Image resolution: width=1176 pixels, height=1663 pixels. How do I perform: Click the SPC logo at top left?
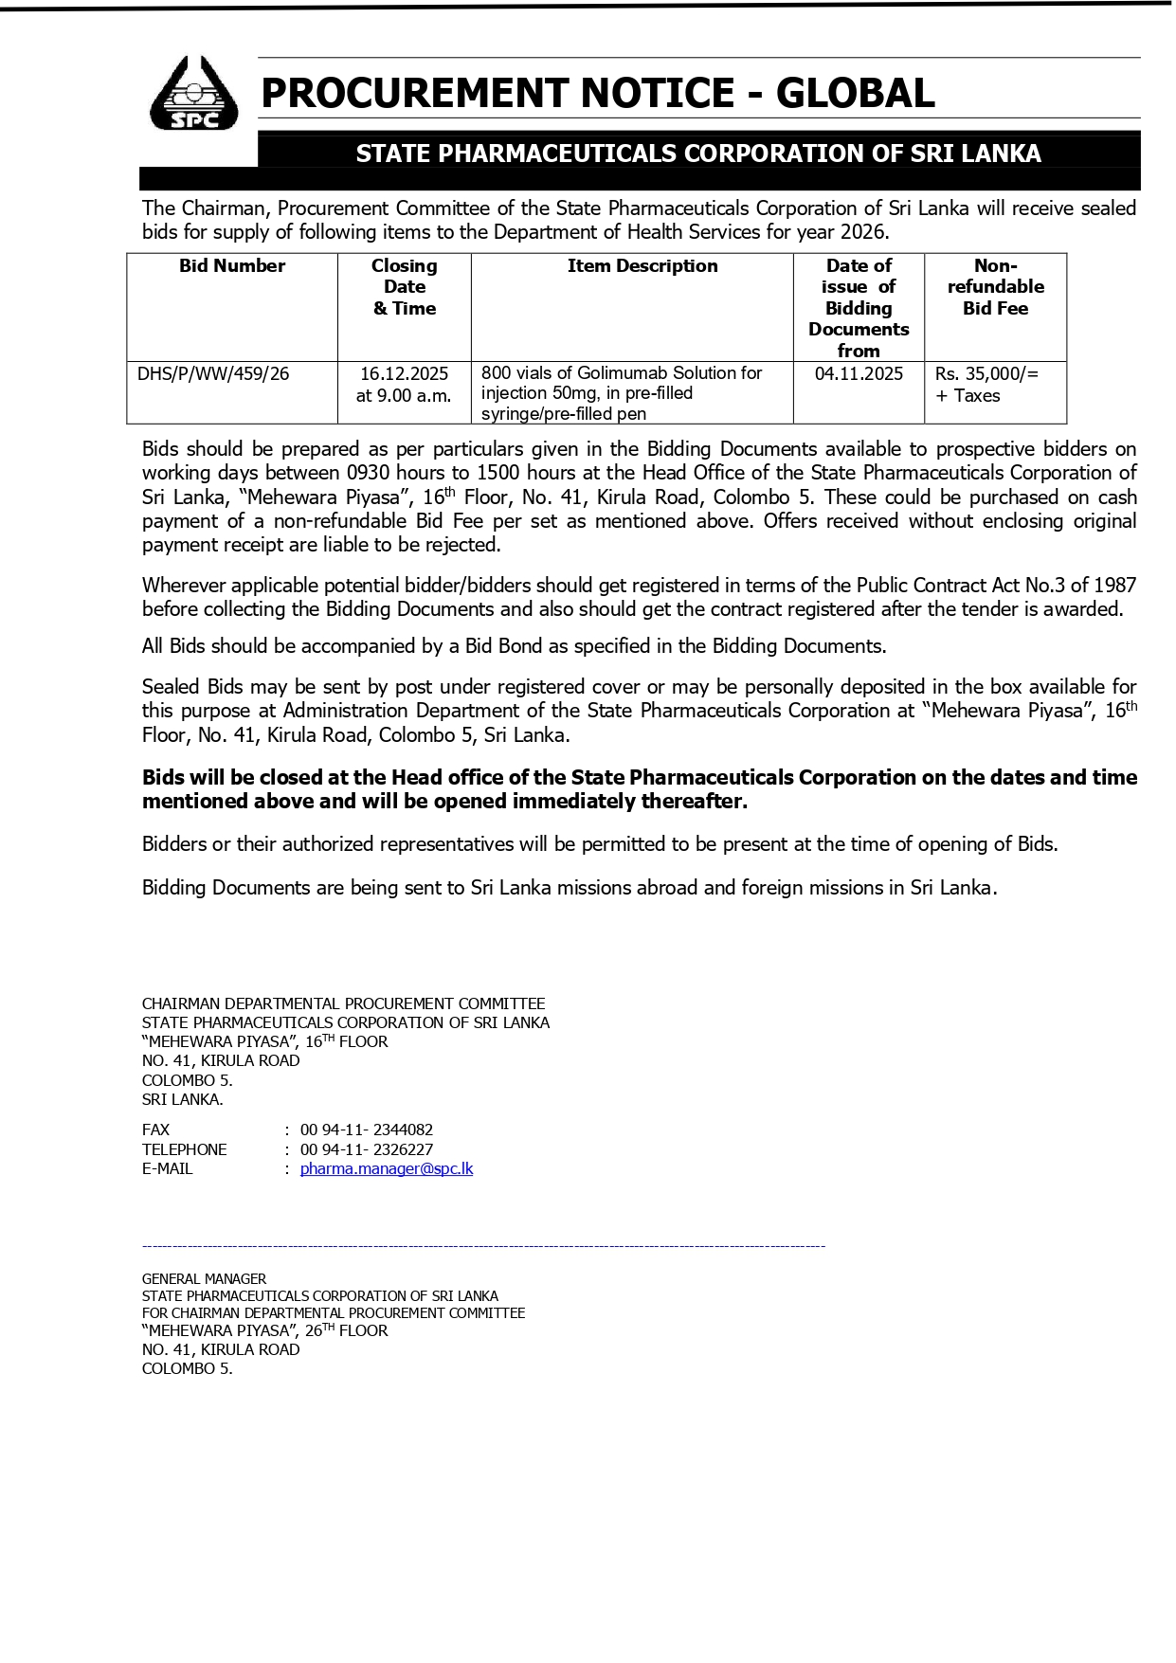click(x=194, y=93)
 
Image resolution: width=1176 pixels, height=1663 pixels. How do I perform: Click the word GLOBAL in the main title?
click(x=855, y=93)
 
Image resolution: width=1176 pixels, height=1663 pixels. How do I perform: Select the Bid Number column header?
click(x=232, y=266)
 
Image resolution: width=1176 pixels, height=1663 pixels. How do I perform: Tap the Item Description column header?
click(x=642, y=266)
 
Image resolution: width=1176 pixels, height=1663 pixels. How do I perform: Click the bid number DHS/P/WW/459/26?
click(x=213, y=373)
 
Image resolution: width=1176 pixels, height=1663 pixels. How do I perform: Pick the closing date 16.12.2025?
click(x=404, y=373)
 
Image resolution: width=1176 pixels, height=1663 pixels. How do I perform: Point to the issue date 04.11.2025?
click(x=859, y=373)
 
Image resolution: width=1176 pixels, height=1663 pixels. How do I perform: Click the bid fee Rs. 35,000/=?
click(x=986, y=374)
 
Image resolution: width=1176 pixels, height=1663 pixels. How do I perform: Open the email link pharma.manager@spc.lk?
click(x=386, y=1168)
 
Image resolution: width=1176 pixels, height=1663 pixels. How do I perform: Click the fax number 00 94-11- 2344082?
click(x=367, y=1130)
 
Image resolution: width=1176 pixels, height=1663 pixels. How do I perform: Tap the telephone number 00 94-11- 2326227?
click(x=367, y=1149)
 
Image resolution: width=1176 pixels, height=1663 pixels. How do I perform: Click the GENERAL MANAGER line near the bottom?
click(x=204, y=1278)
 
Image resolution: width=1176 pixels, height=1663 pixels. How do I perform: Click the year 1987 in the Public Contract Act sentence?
click(x=1113, y=586)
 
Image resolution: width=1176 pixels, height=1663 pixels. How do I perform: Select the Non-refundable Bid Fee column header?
click(x=995, y=287)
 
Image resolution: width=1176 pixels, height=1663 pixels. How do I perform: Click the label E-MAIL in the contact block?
click(x=167, y=1168)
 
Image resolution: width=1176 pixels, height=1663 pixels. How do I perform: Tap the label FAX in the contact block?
click(x=155, y=1130)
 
